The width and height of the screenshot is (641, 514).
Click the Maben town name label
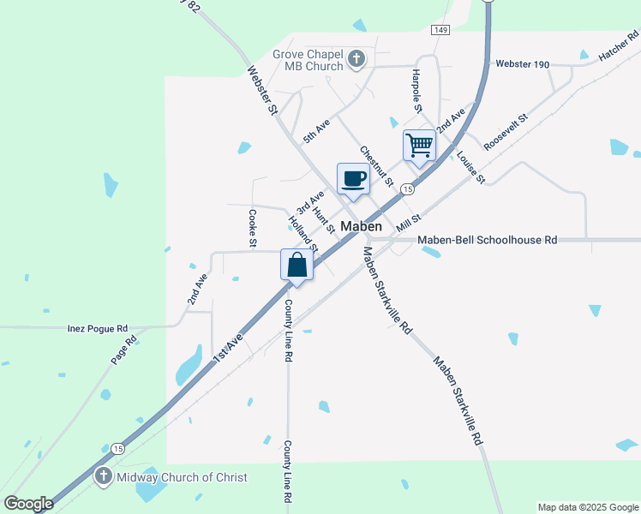coord(361,227)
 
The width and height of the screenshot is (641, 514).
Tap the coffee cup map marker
coord(354,179)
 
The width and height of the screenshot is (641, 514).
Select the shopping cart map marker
coord(420,145)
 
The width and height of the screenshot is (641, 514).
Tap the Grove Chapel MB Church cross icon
coord(357,60)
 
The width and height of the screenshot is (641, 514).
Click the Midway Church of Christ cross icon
coord(103,476)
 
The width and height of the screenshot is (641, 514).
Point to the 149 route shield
coord(440,30)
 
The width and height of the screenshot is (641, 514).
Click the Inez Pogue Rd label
coord(98,328)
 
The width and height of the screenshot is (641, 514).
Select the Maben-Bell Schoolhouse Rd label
coord(488,240)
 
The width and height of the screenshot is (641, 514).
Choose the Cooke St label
coord(253,229)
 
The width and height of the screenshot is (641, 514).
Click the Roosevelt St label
coord(506,132)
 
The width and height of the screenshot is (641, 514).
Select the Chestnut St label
coord(376,166)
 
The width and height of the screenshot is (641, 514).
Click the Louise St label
coord(470,167)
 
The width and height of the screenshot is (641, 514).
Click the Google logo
coord(28,504)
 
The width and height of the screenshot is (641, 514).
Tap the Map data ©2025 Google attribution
coord(587,507)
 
